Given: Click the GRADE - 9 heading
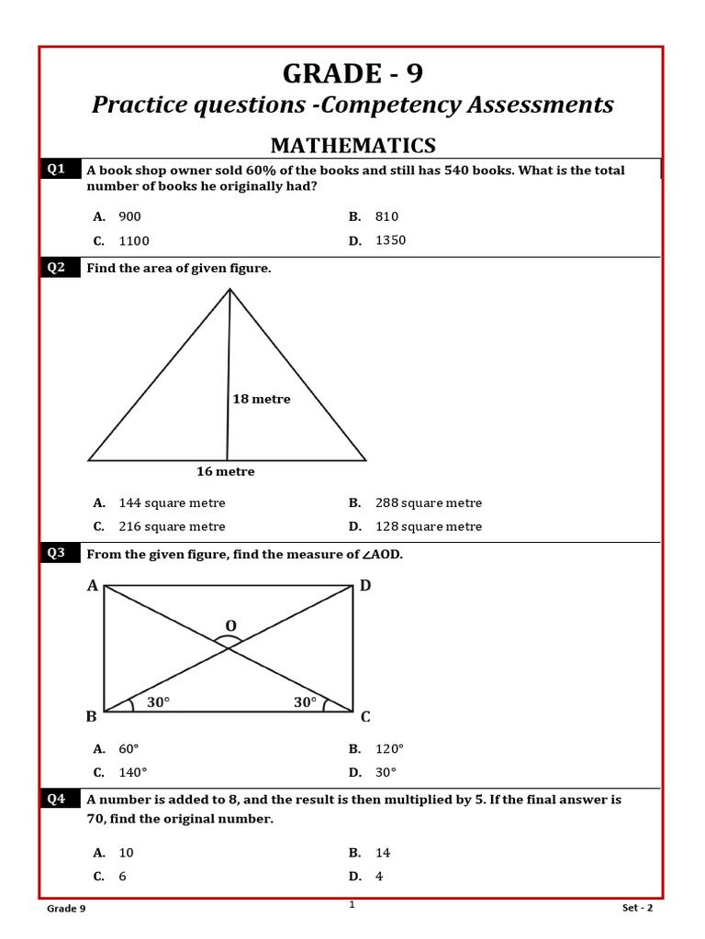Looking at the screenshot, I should coord(352,72).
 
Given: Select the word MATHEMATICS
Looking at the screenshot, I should coord(352,145).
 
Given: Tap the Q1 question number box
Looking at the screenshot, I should coord(57,169).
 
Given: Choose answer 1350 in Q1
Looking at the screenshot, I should coord(390,240).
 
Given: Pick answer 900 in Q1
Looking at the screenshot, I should coord(129,216).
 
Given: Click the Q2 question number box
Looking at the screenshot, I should coord(57,268).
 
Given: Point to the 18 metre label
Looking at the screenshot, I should coord(262,399).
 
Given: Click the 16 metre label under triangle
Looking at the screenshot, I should coord(225,471).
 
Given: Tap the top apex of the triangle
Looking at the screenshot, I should coord(229,290).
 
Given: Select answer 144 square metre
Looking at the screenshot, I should coord(172,503).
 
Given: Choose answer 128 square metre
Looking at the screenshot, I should coord(428,526).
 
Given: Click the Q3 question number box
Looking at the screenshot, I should coord(57,553).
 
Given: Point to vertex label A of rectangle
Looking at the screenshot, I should coord(92,586).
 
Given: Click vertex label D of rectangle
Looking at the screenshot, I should coord(365,586).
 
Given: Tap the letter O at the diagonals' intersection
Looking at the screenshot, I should coord(230,626).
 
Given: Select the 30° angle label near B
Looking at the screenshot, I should coord(159,701).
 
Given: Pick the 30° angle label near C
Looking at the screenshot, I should coord(305,701).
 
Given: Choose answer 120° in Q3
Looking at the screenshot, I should coord(389,748).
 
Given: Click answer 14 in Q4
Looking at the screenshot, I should coord(383,853).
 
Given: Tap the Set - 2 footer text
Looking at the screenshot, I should coord(637,908).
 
